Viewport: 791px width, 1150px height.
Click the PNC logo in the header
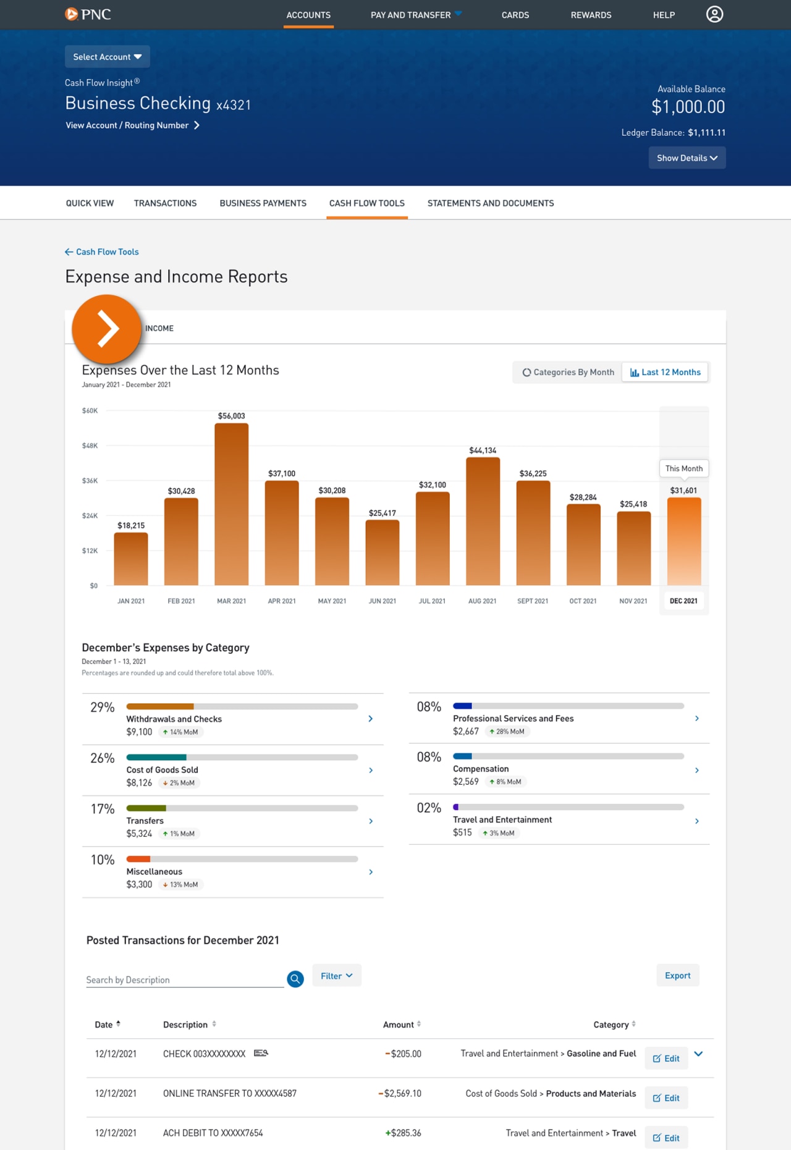tap(88, 14)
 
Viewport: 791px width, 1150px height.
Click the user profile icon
tap(714, 14)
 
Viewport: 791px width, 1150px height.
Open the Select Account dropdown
tap(107, 57)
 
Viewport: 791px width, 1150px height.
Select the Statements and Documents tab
tap(490, 203)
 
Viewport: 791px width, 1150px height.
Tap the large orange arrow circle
tap(107, 329)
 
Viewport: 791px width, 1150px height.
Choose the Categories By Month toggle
tap(568, 372)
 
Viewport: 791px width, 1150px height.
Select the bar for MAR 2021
tap(232, 504)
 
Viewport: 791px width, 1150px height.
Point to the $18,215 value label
tap(131, 525)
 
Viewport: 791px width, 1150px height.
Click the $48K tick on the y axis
tap(90, 446)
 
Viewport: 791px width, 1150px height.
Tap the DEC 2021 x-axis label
tap(683, 601)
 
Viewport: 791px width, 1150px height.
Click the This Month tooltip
tap(683, 468)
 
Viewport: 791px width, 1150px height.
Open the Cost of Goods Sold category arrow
tap(371, 770)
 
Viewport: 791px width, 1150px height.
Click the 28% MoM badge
tap(507, 732)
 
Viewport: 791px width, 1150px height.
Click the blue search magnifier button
tap(295, 979)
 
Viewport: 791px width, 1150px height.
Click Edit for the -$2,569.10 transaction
tap(666, 1098)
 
